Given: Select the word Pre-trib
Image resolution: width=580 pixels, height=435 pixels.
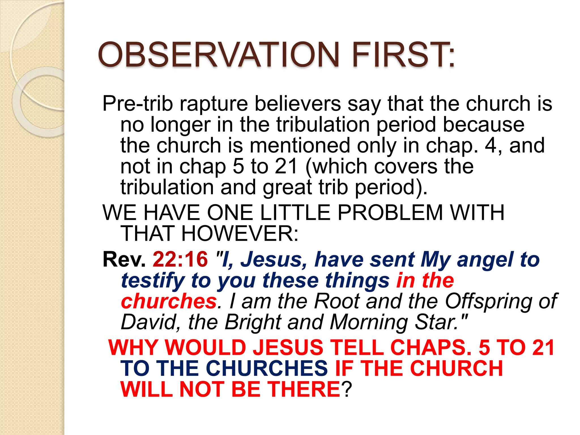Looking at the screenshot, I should [x=138, y=104].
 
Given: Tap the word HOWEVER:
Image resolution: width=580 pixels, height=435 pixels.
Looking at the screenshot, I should [x=240, y=234].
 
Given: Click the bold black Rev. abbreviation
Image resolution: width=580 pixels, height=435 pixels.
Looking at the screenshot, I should [x=124, y=259].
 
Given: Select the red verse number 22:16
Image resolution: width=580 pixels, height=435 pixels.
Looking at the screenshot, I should [x=180, y=259].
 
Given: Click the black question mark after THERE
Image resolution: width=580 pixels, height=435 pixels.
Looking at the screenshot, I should [x=346, y=389].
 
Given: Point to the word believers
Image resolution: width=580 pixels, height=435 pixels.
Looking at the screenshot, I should [x=298, y=104].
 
